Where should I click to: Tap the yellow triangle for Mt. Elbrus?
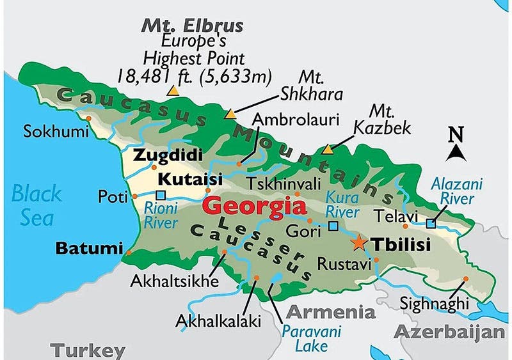click(172, 91)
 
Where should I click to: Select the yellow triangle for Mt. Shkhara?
click(230, 114)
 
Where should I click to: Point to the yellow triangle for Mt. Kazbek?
click(328, 149)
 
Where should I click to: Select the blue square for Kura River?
click(333, 226)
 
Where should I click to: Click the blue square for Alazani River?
click(431, 224)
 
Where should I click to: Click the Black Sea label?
click(37, 205)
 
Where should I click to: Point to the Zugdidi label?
click(168, 155)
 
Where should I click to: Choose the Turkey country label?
click(88, 350)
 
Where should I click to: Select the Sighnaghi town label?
click(429, 303)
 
